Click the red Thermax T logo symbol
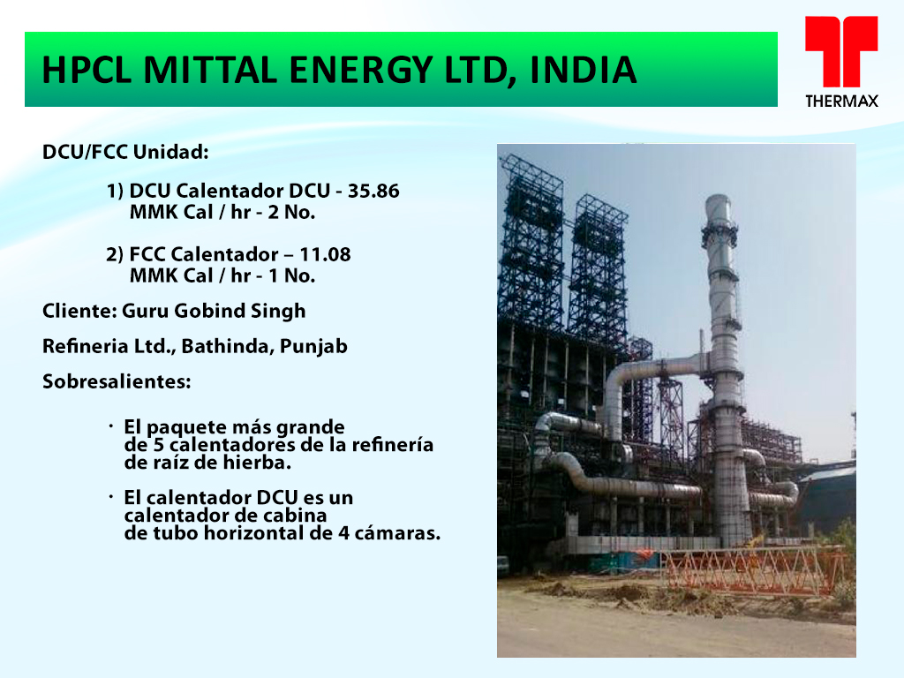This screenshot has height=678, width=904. tap(841, 51)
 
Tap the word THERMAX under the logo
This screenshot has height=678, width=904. tap(841, 102)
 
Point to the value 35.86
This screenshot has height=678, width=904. tap(373, 191)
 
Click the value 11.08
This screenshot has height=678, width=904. tap(325, 254)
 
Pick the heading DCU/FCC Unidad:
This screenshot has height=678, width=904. tap(125, 152)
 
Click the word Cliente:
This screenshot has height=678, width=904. tap(79, 311)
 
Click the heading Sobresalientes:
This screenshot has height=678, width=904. tap(117, 381)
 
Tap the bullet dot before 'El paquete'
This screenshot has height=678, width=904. tap(110, 426)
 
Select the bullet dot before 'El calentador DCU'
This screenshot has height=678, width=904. tap(110, 497)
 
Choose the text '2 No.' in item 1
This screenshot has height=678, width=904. tap(291, 212)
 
